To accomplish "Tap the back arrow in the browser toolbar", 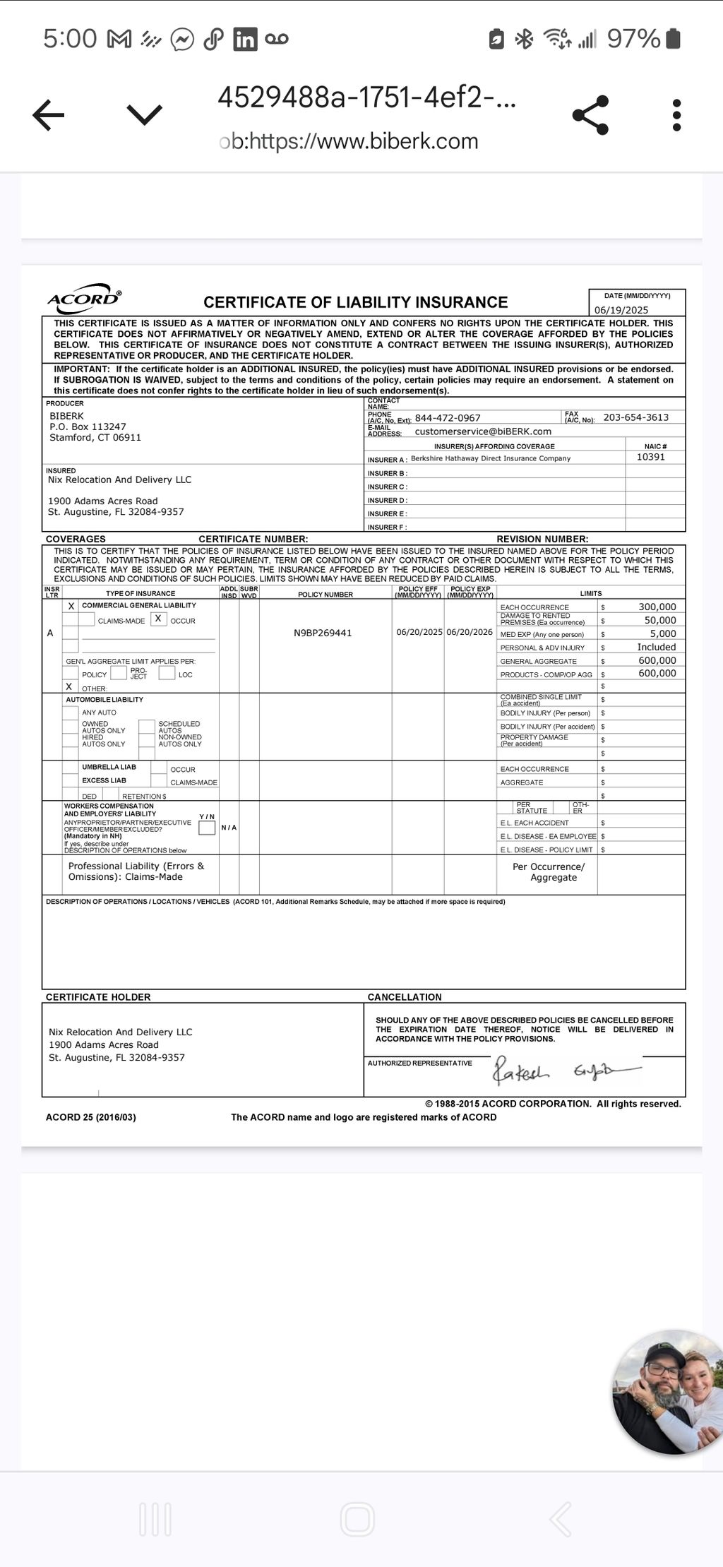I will pos(49,114).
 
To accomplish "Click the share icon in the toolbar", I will pos(590,114).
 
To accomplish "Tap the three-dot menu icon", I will pos(676,115).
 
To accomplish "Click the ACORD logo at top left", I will pos(84,298).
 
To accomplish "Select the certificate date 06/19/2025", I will pos(621,310).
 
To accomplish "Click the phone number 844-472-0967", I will pos(448,418).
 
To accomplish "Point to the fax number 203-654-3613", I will pos(635,417).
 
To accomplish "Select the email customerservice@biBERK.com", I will pos(483,431).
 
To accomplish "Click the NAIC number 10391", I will pos(650,457).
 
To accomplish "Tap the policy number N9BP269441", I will pos(323,633).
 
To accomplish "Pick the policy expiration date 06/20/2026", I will pos(470,632).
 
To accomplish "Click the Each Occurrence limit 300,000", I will pos(657,607).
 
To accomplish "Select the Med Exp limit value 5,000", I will pos(663,633).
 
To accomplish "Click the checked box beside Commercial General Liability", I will pos(71,606).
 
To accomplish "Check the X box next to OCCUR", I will pos(159,619).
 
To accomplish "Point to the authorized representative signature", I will pos(565,1072).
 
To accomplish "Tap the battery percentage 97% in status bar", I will pos(633,38).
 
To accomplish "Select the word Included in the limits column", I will pos(657,647).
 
